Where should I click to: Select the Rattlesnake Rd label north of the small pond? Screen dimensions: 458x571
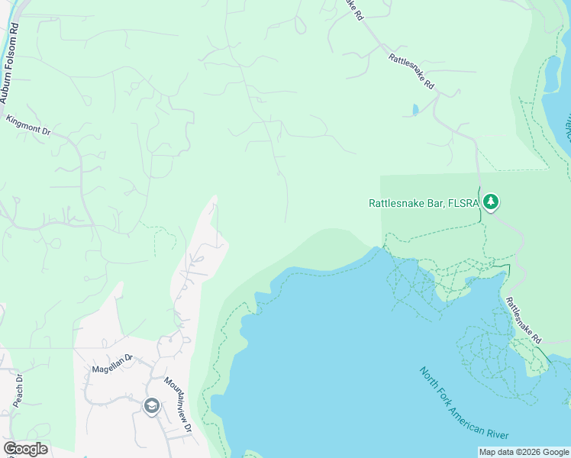(x=411, y=71)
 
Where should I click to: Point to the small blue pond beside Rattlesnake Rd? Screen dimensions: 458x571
(x=415, y=110)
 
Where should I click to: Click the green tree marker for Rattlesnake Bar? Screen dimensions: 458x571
(x=492, y=202)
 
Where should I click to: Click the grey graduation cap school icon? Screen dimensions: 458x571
(x=151, y=406)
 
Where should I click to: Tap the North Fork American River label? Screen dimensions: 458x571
(x=464, y=404)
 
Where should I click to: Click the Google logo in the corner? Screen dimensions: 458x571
(x=25, y=449)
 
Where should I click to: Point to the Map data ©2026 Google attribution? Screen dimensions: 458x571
(x=524, y=452)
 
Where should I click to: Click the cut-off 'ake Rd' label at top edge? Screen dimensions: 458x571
(x=352, y=9)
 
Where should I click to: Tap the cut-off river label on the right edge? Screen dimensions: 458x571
(x=567, y=126)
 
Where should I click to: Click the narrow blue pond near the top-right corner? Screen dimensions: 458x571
(x=551, y=76)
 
